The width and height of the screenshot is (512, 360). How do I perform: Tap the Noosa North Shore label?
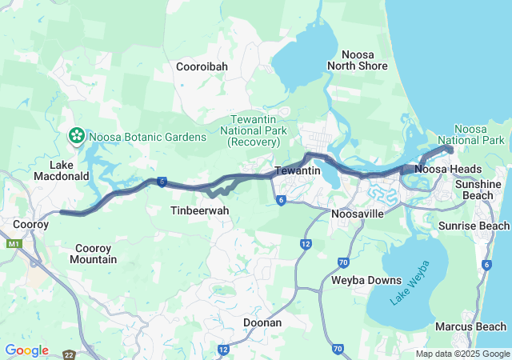[357, 58]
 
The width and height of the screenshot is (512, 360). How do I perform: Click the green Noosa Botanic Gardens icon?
[78, 136]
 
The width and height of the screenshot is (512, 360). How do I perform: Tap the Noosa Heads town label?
[448, 169]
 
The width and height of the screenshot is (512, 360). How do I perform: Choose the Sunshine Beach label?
[478, 190]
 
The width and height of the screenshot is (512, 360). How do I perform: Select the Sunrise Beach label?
[474, 226]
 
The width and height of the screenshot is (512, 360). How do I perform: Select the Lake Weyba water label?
[410, 282]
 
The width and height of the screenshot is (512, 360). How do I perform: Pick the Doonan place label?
[262, 322]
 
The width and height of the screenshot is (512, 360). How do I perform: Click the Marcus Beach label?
[470, 326]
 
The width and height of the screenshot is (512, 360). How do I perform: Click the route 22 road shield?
[70, 354]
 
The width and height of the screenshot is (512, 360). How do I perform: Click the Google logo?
[26, 350]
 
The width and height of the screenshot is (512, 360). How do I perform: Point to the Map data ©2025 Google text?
[462, 354]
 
